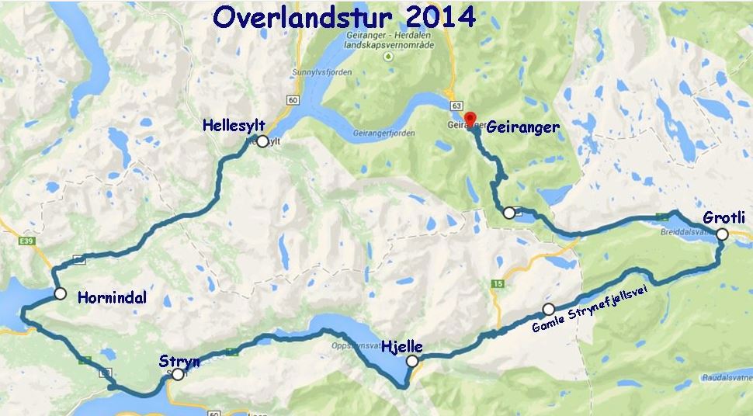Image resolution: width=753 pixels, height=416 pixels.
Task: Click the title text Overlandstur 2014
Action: pos(345,16)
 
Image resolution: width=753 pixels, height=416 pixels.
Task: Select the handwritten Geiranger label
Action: pos(522,127)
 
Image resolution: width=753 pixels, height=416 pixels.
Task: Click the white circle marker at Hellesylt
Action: pos(262,141)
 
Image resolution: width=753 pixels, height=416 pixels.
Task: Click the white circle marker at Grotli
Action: pos(722,234)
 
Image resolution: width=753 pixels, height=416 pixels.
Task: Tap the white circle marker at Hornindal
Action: pos(60,293)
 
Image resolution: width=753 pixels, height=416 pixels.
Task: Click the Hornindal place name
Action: pos(112,297)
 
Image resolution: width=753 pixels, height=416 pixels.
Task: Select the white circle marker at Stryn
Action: pos(178,374)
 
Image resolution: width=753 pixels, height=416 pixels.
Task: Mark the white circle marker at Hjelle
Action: pos(411,361)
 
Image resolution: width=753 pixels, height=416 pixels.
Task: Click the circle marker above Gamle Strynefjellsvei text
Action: pos(549,309)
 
